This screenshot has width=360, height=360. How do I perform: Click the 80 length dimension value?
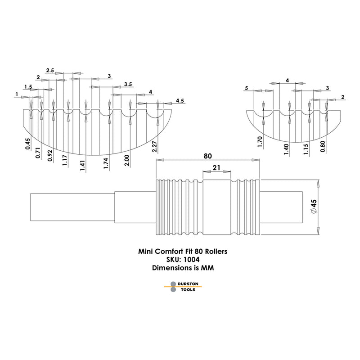point(207,156)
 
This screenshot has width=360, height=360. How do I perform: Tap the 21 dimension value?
point(216,168)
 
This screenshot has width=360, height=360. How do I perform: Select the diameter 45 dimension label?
point(314,207)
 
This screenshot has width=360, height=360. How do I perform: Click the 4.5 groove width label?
point(180,100)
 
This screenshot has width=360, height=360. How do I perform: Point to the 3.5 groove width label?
point(128,84)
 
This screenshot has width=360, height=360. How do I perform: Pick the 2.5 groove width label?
point(50,70)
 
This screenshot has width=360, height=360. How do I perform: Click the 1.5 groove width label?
point(28,87)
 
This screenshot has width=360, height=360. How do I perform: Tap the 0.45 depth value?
point(27,144)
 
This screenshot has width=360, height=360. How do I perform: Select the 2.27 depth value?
point(154,147)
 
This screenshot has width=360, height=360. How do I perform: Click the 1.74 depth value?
point(106,164)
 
